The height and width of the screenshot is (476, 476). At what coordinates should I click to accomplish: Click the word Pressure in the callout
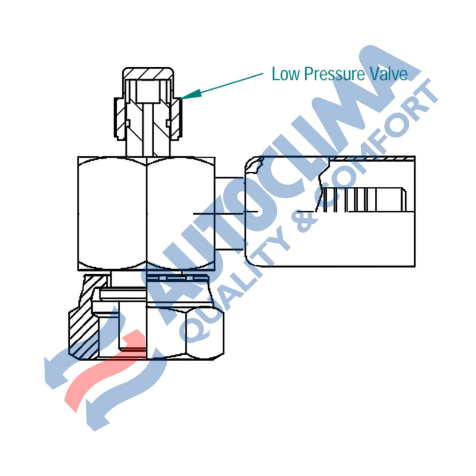334,74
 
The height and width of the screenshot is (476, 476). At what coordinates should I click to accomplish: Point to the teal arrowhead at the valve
191,94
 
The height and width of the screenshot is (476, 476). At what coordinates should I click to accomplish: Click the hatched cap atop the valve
148,74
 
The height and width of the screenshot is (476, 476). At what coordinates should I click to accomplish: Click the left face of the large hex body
112,214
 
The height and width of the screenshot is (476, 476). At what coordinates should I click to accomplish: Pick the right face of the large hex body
181,214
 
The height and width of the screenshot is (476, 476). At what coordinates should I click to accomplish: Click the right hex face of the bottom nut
205,333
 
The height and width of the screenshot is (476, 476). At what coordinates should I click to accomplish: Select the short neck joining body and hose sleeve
230,214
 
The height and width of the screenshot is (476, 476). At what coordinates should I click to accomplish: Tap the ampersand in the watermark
304,219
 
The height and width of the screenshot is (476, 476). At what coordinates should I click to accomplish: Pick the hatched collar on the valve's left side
120,118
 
